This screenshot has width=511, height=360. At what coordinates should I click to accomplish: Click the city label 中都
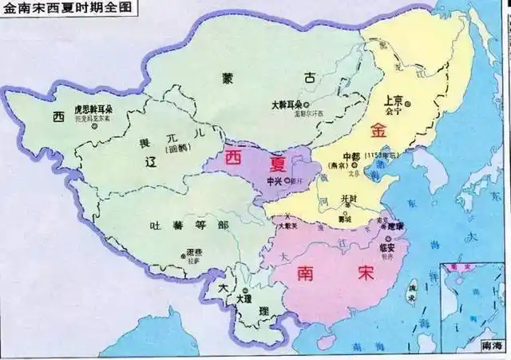coord(352,154)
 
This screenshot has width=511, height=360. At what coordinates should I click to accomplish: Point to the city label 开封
coord(349,198)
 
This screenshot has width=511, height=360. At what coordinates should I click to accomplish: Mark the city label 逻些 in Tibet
coord(192,253)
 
